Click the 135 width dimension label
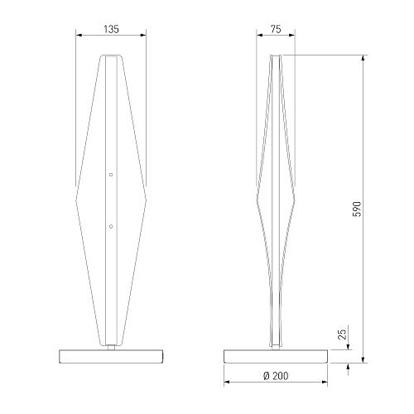click(x=111, y=29)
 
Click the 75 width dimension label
click(x=276, y=29)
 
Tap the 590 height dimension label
click(x=357, y=209)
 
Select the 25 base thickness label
click(x=342, y=335)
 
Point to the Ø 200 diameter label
click(x=276, y=376)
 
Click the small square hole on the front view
click(x=111, y=175)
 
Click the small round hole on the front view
click(x=111, y=226)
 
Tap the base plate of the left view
click(x=111, y=356)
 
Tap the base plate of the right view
click(x=276, y=356)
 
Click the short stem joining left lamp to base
click(x=111, y=347)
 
